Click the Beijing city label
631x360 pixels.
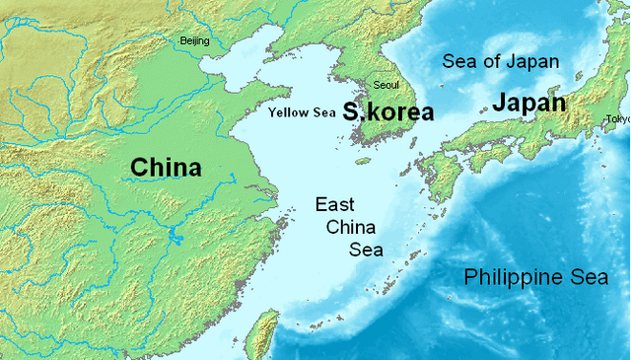(194, 41)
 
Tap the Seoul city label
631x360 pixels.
(386, 85)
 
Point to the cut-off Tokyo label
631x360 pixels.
(618, 119)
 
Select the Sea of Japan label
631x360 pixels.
(500, 61)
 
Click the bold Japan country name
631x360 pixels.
(529, 103)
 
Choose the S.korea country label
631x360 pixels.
(388, 111)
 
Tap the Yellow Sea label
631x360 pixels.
(303, 112)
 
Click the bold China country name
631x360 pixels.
(166, 168)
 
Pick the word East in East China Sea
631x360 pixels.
(335, 205)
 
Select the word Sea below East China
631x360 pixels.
(366, 249)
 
